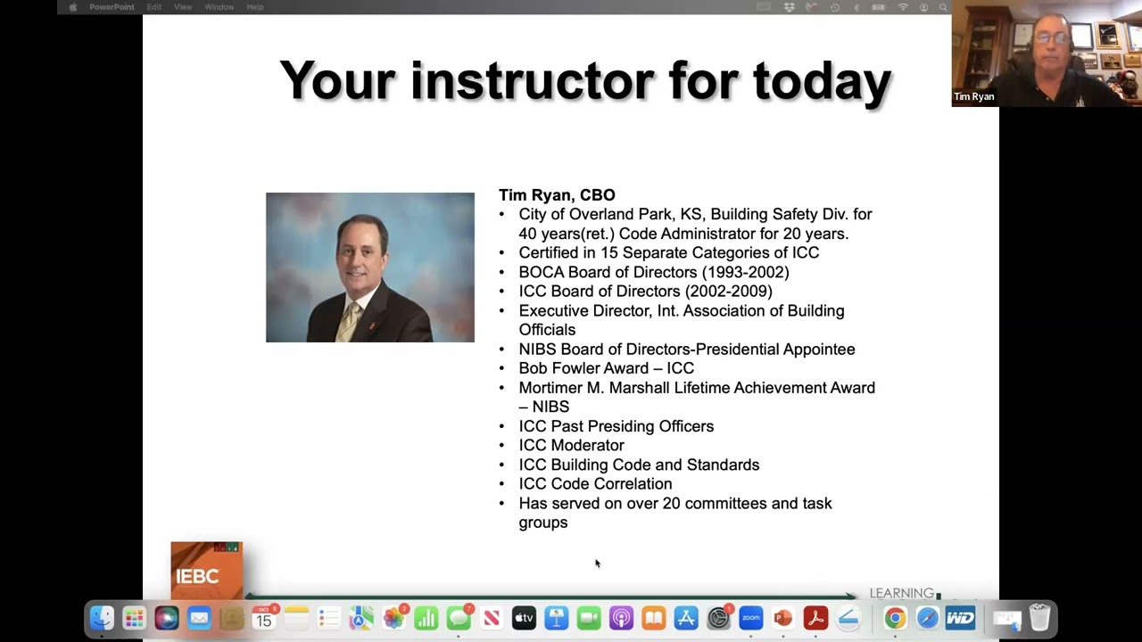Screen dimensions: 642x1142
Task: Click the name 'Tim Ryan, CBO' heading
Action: point(557,194)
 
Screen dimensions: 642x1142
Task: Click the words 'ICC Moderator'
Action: point(571,445)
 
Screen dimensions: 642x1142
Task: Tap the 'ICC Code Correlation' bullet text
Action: point(595,483)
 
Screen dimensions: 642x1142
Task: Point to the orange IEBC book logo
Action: point(206,571)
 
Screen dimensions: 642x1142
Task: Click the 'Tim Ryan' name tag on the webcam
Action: point(973,96)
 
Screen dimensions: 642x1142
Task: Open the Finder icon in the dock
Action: point(102,618)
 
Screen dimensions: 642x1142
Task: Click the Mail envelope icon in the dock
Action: point(199,618)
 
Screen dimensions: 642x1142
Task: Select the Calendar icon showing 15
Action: point(264,618)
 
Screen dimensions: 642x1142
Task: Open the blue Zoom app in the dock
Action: point(750,618)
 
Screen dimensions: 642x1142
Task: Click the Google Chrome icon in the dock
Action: point(895,618)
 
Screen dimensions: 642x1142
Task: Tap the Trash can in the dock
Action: point(1039,617)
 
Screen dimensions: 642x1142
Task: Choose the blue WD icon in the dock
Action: point(960,618)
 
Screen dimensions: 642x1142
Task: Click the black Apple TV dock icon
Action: point(524,618)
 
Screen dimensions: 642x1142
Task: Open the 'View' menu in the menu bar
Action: point(183,7)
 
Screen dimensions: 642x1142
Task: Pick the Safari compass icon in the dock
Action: point(928,618)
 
